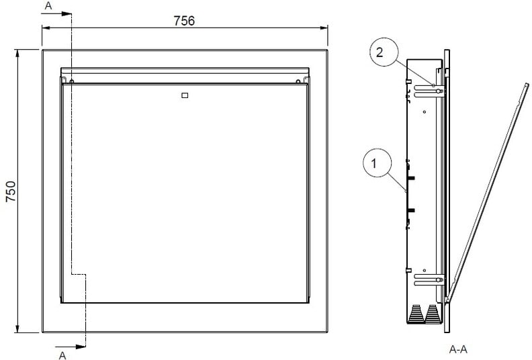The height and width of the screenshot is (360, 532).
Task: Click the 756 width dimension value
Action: [184, 21]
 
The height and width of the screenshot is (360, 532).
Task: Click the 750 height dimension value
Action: [11, 191]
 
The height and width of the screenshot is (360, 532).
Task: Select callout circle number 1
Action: [378, 163]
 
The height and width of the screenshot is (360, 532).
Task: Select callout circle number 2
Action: [383, 52]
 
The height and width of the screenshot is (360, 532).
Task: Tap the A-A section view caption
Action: [458, 349]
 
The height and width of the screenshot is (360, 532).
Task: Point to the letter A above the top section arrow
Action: [48, 6]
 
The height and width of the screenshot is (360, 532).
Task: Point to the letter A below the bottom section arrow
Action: [62, 355]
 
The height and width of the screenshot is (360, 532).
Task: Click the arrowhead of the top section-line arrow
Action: [66, 13]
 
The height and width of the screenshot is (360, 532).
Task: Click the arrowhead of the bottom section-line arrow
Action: [81, 347]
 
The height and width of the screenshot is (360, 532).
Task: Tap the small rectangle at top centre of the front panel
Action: [185, 95]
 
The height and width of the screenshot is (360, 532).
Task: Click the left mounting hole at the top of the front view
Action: [72, 81]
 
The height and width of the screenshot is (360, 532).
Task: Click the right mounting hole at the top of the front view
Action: [298, 81]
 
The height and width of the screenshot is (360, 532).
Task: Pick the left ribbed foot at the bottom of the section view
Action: [416, 314]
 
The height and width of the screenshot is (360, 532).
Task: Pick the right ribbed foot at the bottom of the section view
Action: [433, 314]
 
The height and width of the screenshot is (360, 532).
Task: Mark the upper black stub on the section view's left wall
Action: [411, 178]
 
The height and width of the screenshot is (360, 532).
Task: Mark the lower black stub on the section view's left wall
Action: [411, 210]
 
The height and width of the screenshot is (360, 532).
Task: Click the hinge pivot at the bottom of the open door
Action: [447, 300]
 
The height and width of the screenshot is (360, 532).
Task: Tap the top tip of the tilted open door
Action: [527, 84]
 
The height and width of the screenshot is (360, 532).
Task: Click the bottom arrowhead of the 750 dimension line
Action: [17, 328]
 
